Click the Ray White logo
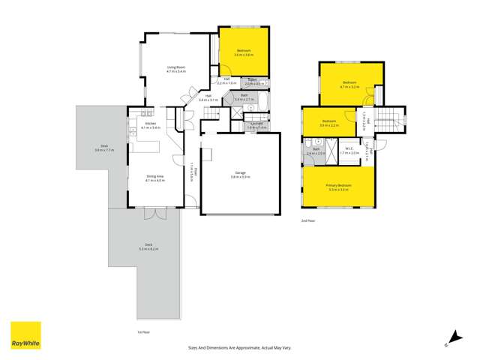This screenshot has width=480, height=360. click(x=25, y=336)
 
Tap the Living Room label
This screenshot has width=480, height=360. click(x=175, y=70)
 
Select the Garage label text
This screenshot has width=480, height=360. click(x=241, y=174)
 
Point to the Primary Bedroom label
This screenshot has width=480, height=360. click(x=339, y=185)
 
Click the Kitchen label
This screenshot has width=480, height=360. click(x=150, y=125)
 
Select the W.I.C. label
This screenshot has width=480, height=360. click(x=349, y=150)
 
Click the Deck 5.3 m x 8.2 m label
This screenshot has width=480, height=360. click(x=148, y=247)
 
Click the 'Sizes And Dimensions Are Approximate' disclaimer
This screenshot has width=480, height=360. click(x=241, y=348)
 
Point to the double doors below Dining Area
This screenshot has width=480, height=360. click(x=155, y=213)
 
